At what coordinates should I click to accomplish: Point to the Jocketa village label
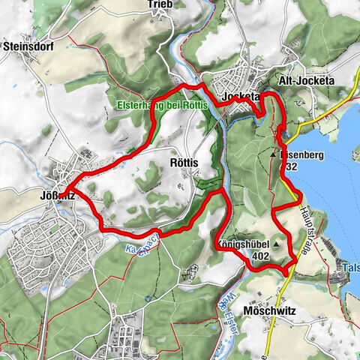241,97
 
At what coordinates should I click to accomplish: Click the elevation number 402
261,256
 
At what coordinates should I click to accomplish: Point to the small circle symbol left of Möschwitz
148,299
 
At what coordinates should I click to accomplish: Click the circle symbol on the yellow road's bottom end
266,357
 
